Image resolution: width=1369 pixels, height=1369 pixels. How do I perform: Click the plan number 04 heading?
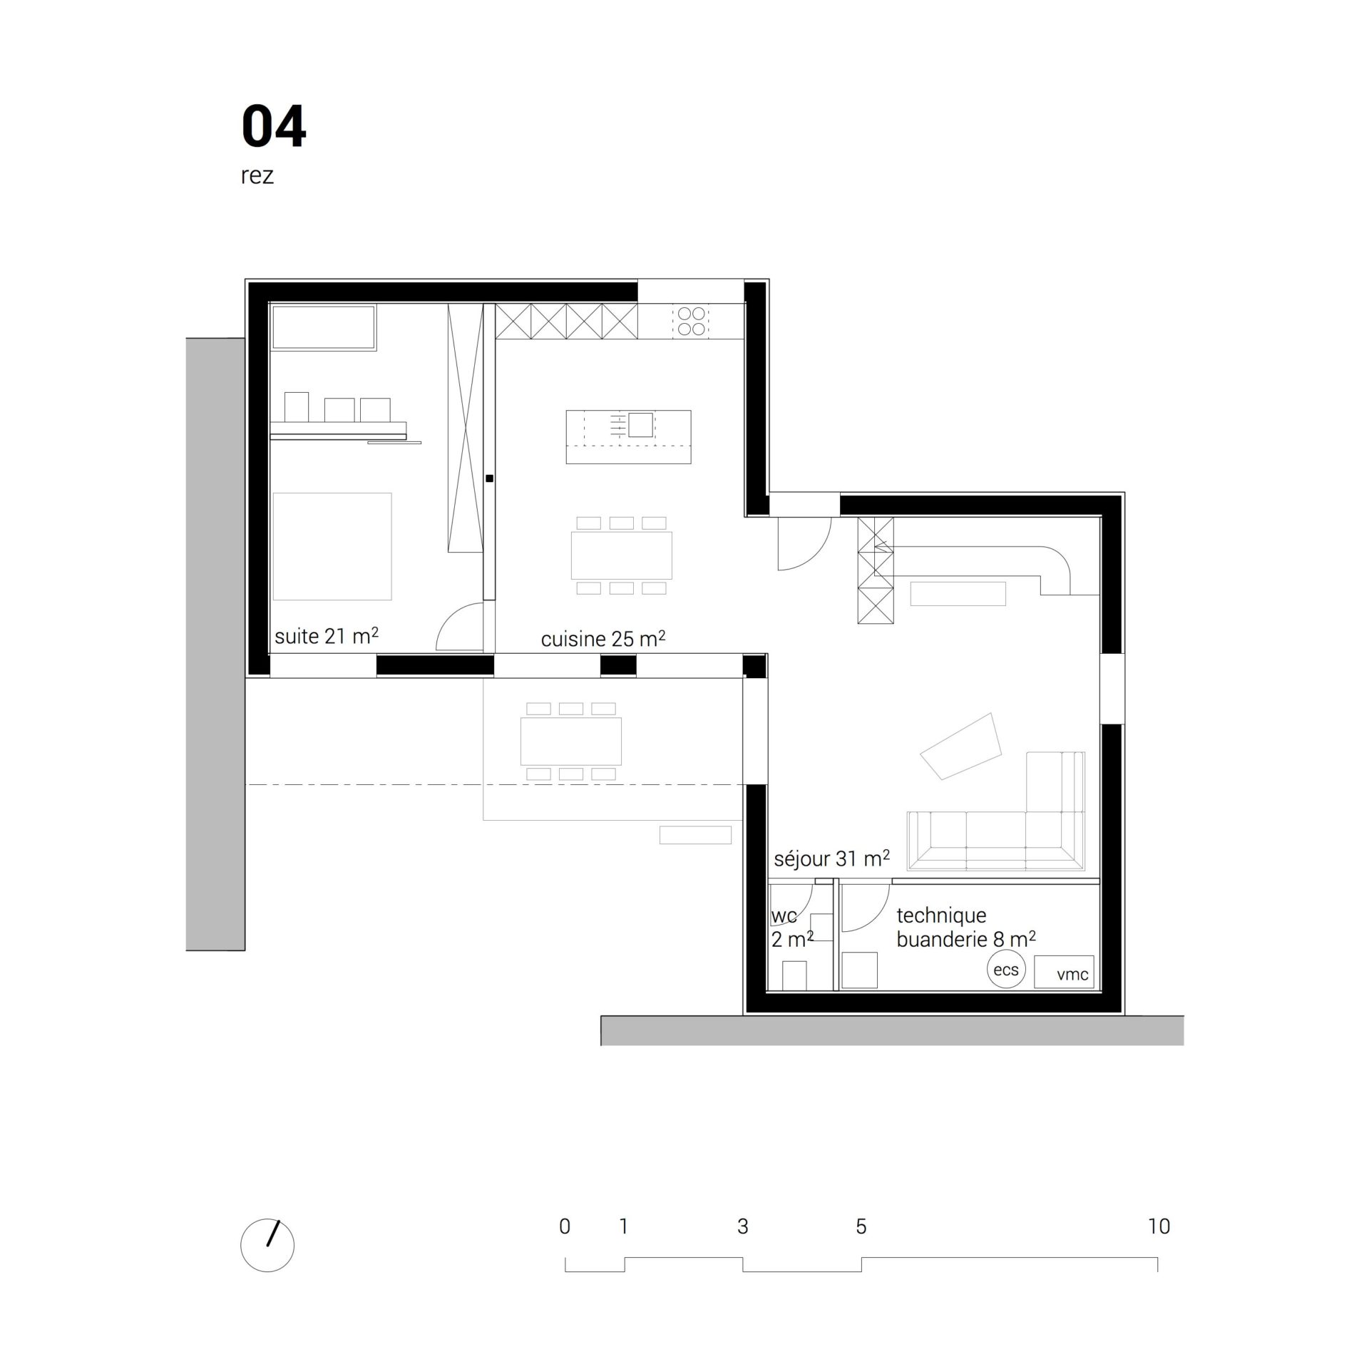click(274, 126)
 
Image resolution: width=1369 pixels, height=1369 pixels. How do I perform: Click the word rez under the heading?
click(257, 175)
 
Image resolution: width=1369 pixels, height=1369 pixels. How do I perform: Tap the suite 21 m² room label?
click(326, 635)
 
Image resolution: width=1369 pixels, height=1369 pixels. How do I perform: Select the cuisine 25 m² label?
click(603, 638)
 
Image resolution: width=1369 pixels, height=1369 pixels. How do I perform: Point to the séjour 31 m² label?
click(831, 858)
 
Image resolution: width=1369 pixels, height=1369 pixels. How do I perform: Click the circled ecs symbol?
click(1006, 970)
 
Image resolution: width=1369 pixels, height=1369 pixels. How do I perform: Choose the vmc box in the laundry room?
click(1064, 971)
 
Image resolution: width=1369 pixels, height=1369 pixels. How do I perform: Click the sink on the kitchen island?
click(640, 425)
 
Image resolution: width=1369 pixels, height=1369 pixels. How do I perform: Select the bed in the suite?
click(332, 546)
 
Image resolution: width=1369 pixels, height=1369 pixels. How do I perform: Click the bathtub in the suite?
click(324, 328)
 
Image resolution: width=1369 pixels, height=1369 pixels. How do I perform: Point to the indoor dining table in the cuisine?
click(621, 555)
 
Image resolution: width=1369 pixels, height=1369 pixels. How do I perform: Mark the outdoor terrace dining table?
click(571, 742)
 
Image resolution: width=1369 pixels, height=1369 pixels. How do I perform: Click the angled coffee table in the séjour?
click(961, 746)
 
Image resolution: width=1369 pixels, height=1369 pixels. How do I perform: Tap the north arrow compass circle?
click(267, 1246)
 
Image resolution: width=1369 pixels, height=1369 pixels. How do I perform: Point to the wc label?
click(784, 916)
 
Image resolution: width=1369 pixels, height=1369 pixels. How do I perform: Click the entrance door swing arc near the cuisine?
click(820, 556)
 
